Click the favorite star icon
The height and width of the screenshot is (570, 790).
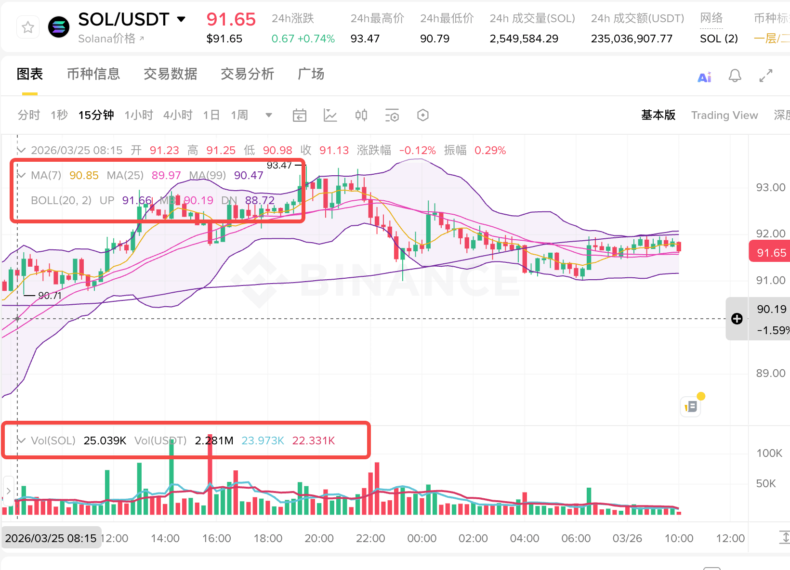tap(28, 27)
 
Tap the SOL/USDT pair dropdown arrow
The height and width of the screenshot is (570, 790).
tap(181, 19)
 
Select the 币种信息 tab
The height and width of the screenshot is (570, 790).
tap(93, 74)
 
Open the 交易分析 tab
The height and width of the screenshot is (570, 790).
tap(247, 74)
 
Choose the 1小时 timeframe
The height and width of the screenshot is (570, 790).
tap(139, 115)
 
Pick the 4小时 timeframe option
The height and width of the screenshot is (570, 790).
tap(178, 115)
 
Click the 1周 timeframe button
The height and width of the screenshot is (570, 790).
tap(239, 115)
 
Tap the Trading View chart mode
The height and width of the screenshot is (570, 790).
tap(724, 115)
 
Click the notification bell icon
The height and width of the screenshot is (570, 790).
tap(735, 76)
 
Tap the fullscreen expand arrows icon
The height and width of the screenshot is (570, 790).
tap(765, 76)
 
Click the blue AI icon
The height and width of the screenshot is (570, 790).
tap(704, 77)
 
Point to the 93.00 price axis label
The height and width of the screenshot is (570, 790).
tap(770, 187)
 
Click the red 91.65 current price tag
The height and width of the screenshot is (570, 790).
tap(771, 253)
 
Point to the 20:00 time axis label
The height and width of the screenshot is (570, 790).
tap(319, 538)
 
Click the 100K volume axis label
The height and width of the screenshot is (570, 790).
tap(769, 453)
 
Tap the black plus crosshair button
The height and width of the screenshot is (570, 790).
tap(737, 319)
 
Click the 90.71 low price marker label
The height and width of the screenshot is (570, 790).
tap(50, 296)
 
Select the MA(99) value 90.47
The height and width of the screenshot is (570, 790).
tap(249, 175)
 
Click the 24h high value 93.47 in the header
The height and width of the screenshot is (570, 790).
tap(365, 39)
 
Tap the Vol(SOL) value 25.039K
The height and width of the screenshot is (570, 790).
tap(105, 440)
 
